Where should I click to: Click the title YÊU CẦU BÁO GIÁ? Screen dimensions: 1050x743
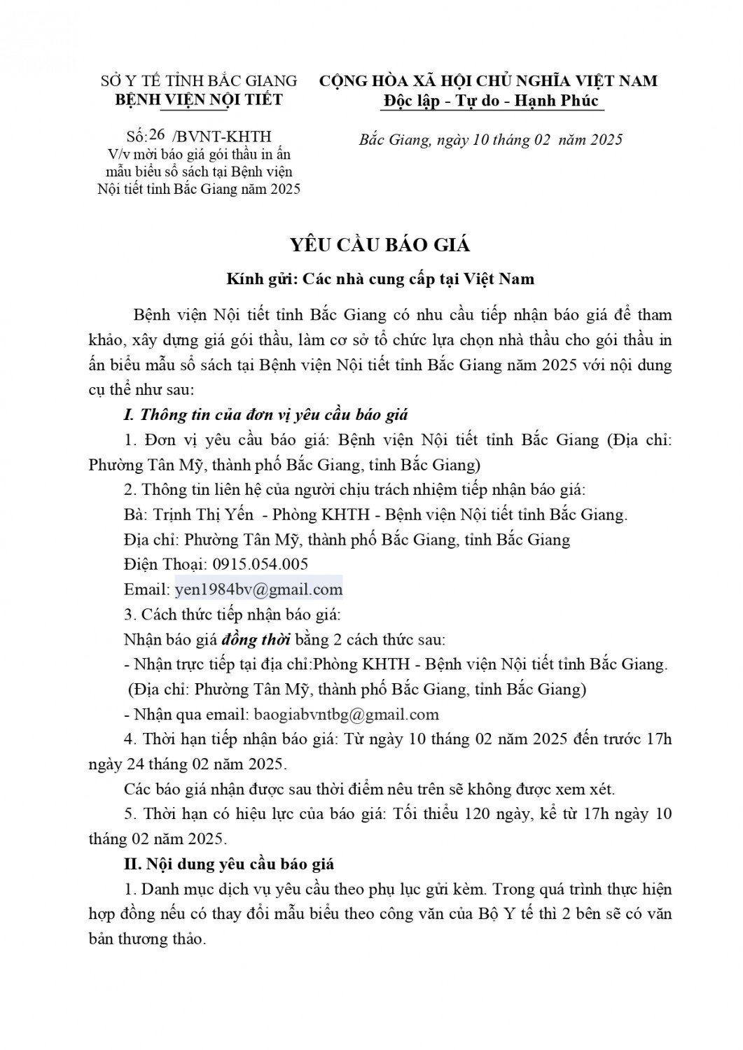380,245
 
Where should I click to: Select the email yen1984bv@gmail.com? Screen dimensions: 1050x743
258,589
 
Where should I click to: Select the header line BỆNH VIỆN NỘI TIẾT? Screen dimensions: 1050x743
199,99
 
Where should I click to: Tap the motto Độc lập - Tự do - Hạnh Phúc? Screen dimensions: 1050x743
491,101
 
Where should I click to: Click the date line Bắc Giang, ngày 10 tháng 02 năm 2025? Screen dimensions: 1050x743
490,140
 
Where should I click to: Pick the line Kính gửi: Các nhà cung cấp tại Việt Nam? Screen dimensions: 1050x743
380,279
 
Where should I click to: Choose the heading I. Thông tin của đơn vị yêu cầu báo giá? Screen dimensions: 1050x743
265,414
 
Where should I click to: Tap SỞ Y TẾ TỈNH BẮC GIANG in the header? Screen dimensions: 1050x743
199,81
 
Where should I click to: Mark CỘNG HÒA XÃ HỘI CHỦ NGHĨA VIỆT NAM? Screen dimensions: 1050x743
488,81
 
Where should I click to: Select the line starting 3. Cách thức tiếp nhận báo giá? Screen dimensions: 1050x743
232,615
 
